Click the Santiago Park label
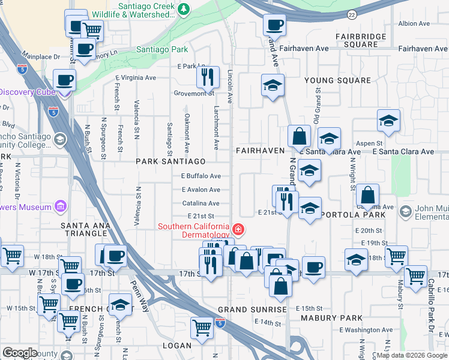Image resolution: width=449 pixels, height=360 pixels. click(163, 49)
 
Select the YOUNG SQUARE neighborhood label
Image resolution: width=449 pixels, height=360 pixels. click(337, 80)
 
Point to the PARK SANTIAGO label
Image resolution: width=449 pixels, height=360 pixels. click(170, 162)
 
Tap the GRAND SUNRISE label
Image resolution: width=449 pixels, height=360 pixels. click(252, 310)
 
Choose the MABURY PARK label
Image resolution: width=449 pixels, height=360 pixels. click(331, 318)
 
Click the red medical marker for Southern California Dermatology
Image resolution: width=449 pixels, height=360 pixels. click(238, 229)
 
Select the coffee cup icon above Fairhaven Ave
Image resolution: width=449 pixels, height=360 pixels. click(274, 25)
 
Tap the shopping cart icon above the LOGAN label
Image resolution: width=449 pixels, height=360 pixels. click(202, 327)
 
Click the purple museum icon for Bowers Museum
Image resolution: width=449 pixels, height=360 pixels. click(59, 208)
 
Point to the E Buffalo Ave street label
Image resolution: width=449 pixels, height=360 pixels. click(201, 176)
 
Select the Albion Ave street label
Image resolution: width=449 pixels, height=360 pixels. click(414, 24)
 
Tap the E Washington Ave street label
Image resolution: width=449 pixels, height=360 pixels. click(366, 330)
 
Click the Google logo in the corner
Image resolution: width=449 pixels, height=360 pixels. click(20, 353)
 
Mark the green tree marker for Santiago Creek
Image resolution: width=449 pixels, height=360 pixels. click(184, 8)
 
